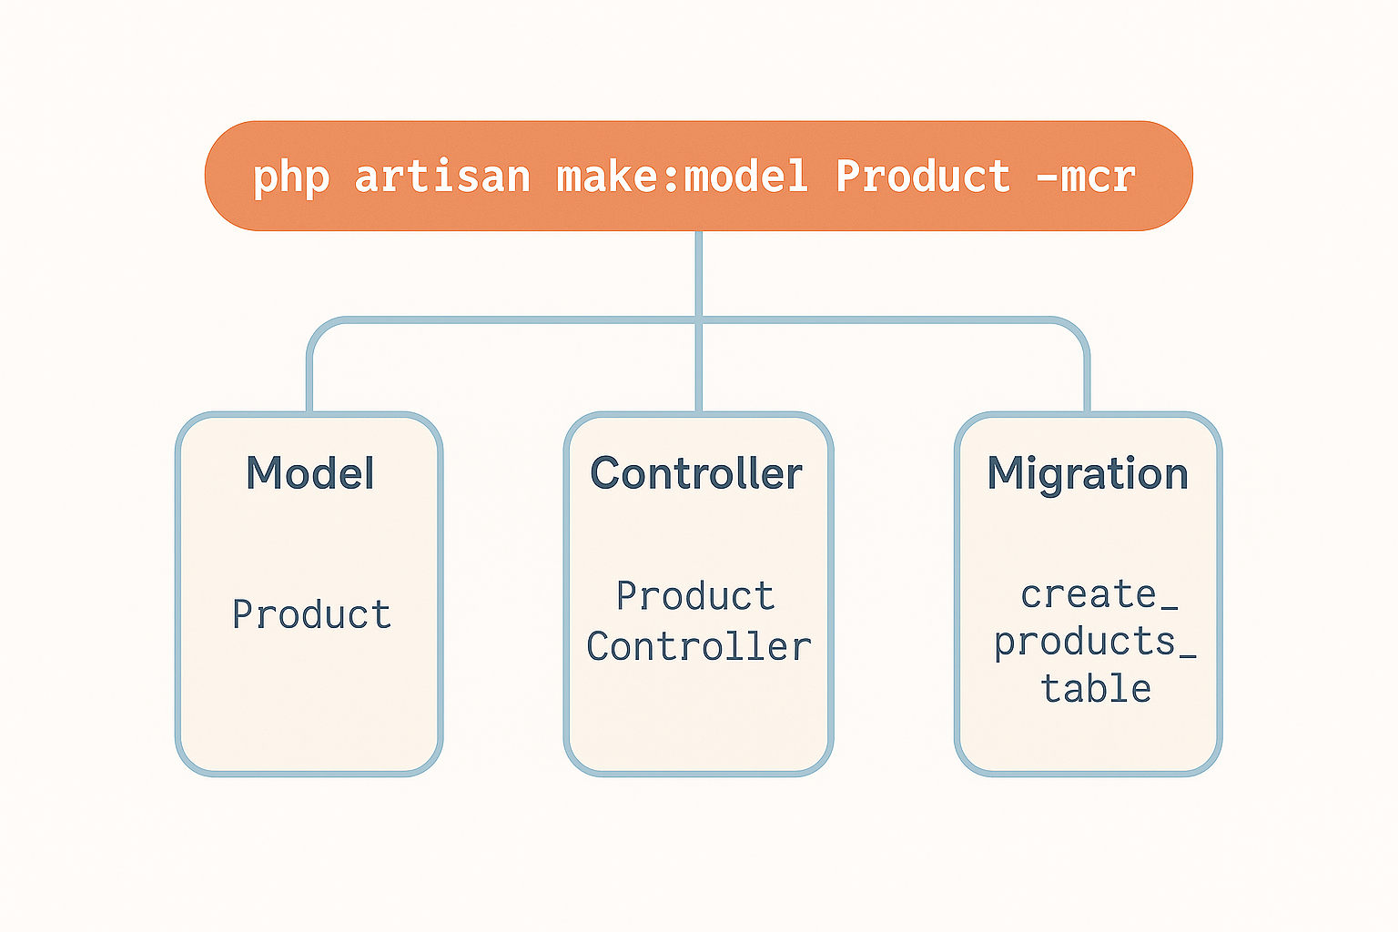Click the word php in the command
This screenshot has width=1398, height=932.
[291, 177]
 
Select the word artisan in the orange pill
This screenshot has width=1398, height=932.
[441, 176]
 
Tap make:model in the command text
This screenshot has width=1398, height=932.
[682, 175]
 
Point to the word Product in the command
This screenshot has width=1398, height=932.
[923, 175]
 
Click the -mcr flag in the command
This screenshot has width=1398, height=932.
[1086, 177]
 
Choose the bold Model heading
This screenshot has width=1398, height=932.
[310, 472]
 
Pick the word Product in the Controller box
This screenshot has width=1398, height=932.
[695, 595]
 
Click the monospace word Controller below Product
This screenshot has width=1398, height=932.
[699, 645]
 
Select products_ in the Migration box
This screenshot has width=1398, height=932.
[1095, 642]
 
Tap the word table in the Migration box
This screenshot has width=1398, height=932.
[1096, 688]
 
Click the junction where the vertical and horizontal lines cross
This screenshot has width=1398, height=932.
[699, 320]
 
